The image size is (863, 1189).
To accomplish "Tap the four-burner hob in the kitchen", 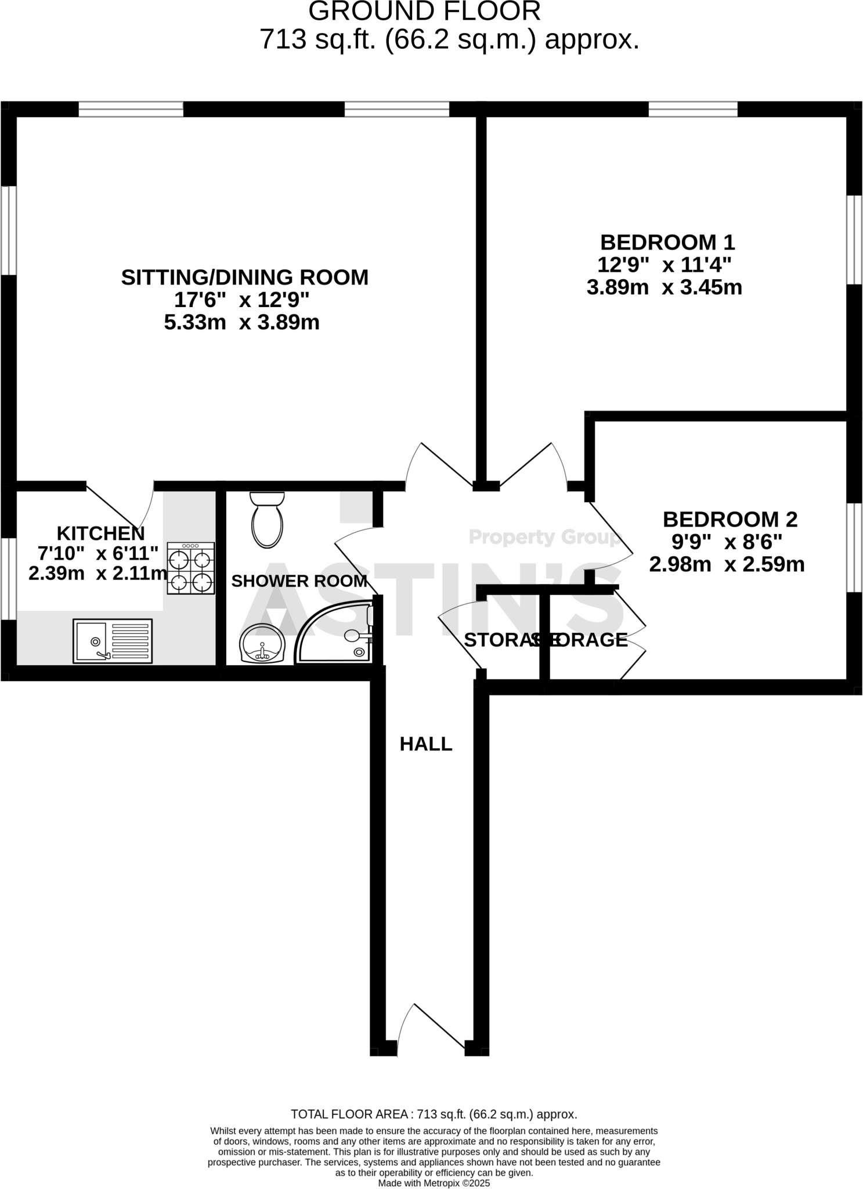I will coord(191,568).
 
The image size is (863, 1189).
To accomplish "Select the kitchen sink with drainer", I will coord(113,641).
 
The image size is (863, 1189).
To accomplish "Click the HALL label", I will coord(425,744).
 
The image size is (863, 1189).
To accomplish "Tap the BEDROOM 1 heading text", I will coord(667,242).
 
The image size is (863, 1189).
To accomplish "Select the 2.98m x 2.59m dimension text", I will coord(727,564).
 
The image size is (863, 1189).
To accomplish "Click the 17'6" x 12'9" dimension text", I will coord(242,300).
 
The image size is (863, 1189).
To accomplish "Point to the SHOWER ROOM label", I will coord(299,581).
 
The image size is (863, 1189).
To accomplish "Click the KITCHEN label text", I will coord(100,533).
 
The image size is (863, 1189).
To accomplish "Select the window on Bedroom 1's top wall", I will coord(692,109).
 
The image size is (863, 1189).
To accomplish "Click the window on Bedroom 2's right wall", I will coord(854,547).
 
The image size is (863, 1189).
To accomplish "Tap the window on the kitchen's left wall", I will coord(8,578).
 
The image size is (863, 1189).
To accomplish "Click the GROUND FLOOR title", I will coord(424,12).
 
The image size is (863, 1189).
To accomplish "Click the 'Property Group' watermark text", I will coord(544,538).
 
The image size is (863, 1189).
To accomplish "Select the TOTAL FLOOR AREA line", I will coord(434,1114).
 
